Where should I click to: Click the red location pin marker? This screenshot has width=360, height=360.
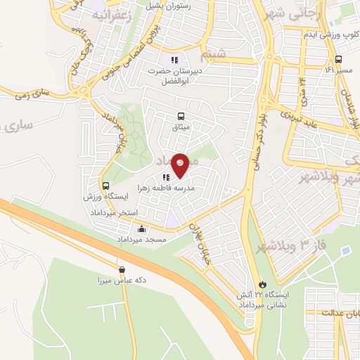click(180, 165)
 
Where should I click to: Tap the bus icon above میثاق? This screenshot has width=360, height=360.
click(182, 116)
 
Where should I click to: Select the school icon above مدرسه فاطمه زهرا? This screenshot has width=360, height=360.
click(166, 178)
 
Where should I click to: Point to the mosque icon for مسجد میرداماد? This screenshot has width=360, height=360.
click(142, 229)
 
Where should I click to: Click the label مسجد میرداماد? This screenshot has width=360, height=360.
click(142, 240)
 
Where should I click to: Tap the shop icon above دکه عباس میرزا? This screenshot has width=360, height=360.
click(122, 269)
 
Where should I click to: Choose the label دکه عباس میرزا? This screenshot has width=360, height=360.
click(121, 280)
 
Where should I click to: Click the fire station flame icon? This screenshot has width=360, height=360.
click(262, 284)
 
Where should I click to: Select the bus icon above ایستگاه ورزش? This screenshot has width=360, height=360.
click(105, 186)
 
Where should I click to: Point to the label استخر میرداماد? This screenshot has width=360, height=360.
click(117, 212)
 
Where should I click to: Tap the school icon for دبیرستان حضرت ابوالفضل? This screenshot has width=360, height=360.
click(174, 59)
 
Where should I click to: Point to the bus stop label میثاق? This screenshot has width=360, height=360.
click(181, 127)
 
